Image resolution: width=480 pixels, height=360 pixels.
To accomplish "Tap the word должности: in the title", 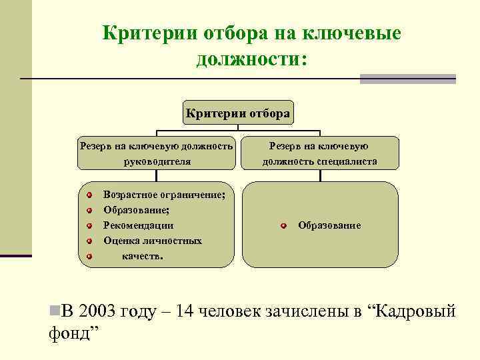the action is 251,59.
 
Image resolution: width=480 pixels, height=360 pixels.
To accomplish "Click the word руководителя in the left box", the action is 157,161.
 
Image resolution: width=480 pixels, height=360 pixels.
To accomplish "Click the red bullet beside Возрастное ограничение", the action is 89,195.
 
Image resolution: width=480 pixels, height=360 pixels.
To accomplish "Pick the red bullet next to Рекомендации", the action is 89,225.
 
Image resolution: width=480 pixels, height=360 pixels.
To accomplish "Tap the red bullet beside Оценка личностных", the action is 89,240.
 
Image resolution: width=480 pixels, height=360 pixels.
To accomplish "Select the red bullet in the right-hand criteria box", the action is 283,226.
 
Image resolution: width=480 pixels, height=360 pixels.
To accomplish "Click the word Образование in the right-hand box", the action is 329,226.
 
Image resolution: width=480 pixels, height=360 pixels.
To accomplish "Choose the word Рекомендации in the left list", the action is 138,225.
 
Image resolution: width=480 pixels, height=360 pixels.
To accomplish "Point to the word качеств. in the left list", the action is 142,255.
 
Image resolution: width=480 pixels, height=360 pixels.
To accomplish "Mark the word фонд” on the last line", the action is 74,331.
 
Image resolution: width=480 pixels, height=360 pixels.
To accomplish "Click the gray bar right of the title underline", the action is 407,79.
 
